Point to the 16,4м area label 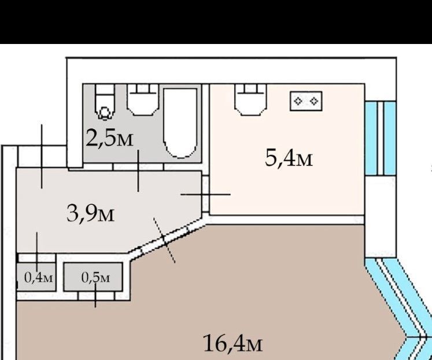click(233, 343)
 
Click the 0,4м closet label click(38, 277)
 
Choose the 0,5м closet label click(95, 278)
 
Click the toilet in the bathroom click(105, 102)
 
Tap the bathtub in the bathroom click(180, 123)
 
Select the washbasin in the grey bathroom click(143, 100)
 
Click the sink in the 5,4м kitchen click(251, 100)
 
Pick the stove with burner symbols click(306, 101)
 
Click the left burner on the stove click(298, 101)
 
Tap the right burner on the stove click(314, 101)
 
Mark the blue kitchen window click(381, 138)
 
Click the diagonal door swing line click(164, 240)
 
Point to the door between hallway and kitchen click(205, 194)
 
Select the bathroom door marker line click(138, 171)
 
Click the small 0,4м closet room click(36, 277)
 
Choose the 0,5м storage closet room click(93, 277)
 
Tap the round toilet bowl click(105, 113)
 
